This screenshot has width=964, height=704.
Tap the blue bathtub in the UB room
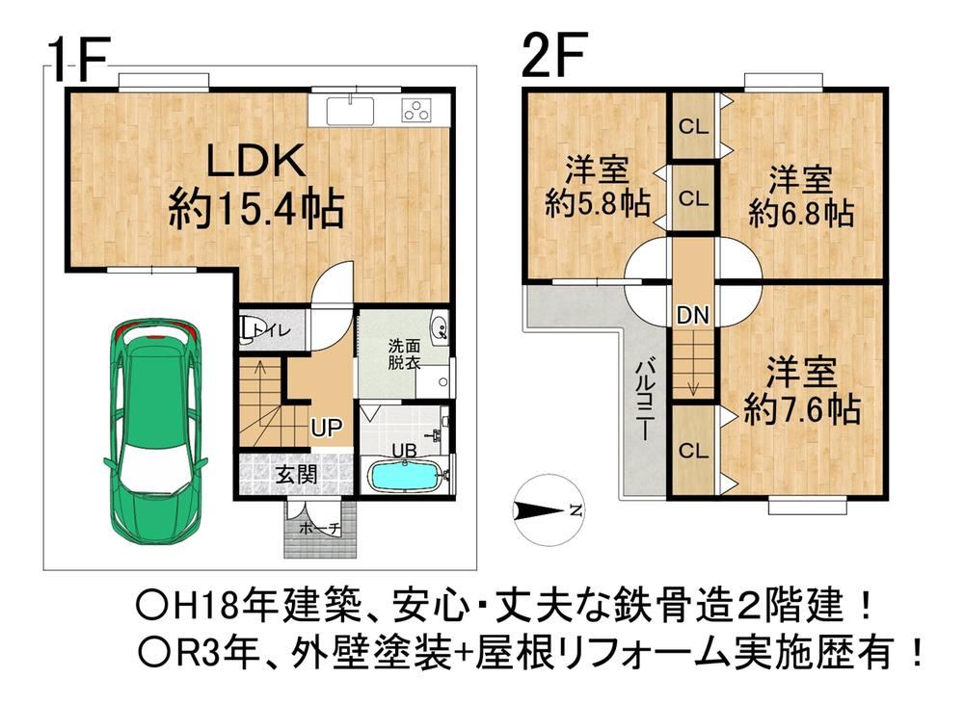(x=405, y=476)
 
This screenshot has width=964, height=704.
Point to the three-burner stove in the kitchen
(x=416, y=111)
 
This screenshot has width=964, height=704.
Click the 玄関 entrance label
(x=296, y=474)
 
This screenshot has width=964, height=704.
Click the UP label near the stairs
(x=327, y=427)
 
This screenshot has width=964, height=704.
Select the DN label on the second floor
(x=693, y=316)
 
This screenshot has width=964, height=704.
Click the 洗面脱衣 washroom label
(x=404, y=353)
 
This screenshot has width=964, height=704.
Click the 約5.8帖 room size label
(x=598, y=202)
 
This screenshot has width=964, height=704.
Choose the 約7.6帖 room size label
(x=802, y=409)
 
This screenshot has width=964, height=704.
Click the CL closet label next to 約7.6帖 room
(x=693, y=451)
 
